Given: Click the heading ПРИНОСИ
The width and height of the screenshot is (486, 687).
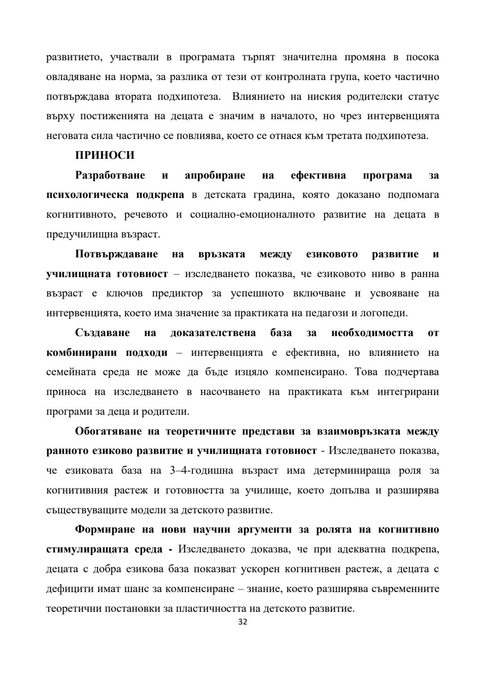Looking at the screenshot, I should (105, 155).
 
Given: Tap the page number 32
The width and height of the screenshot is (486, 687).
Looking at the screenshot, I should (243, 622).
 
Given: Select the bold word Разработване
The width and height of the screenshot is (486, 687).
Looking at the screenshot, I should (110, 175).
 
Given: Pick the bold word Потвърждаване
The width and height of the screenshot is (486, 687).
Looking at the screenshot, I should (117, 254).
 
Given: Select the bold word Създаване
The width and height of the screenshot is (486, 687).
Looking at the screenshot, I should (103, 333).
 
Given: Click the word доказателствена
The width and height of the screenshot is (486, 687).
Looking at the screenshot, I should (213, 333).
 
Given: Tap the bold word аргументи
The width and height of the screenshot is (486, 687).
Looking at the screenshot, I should (261, 530).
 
